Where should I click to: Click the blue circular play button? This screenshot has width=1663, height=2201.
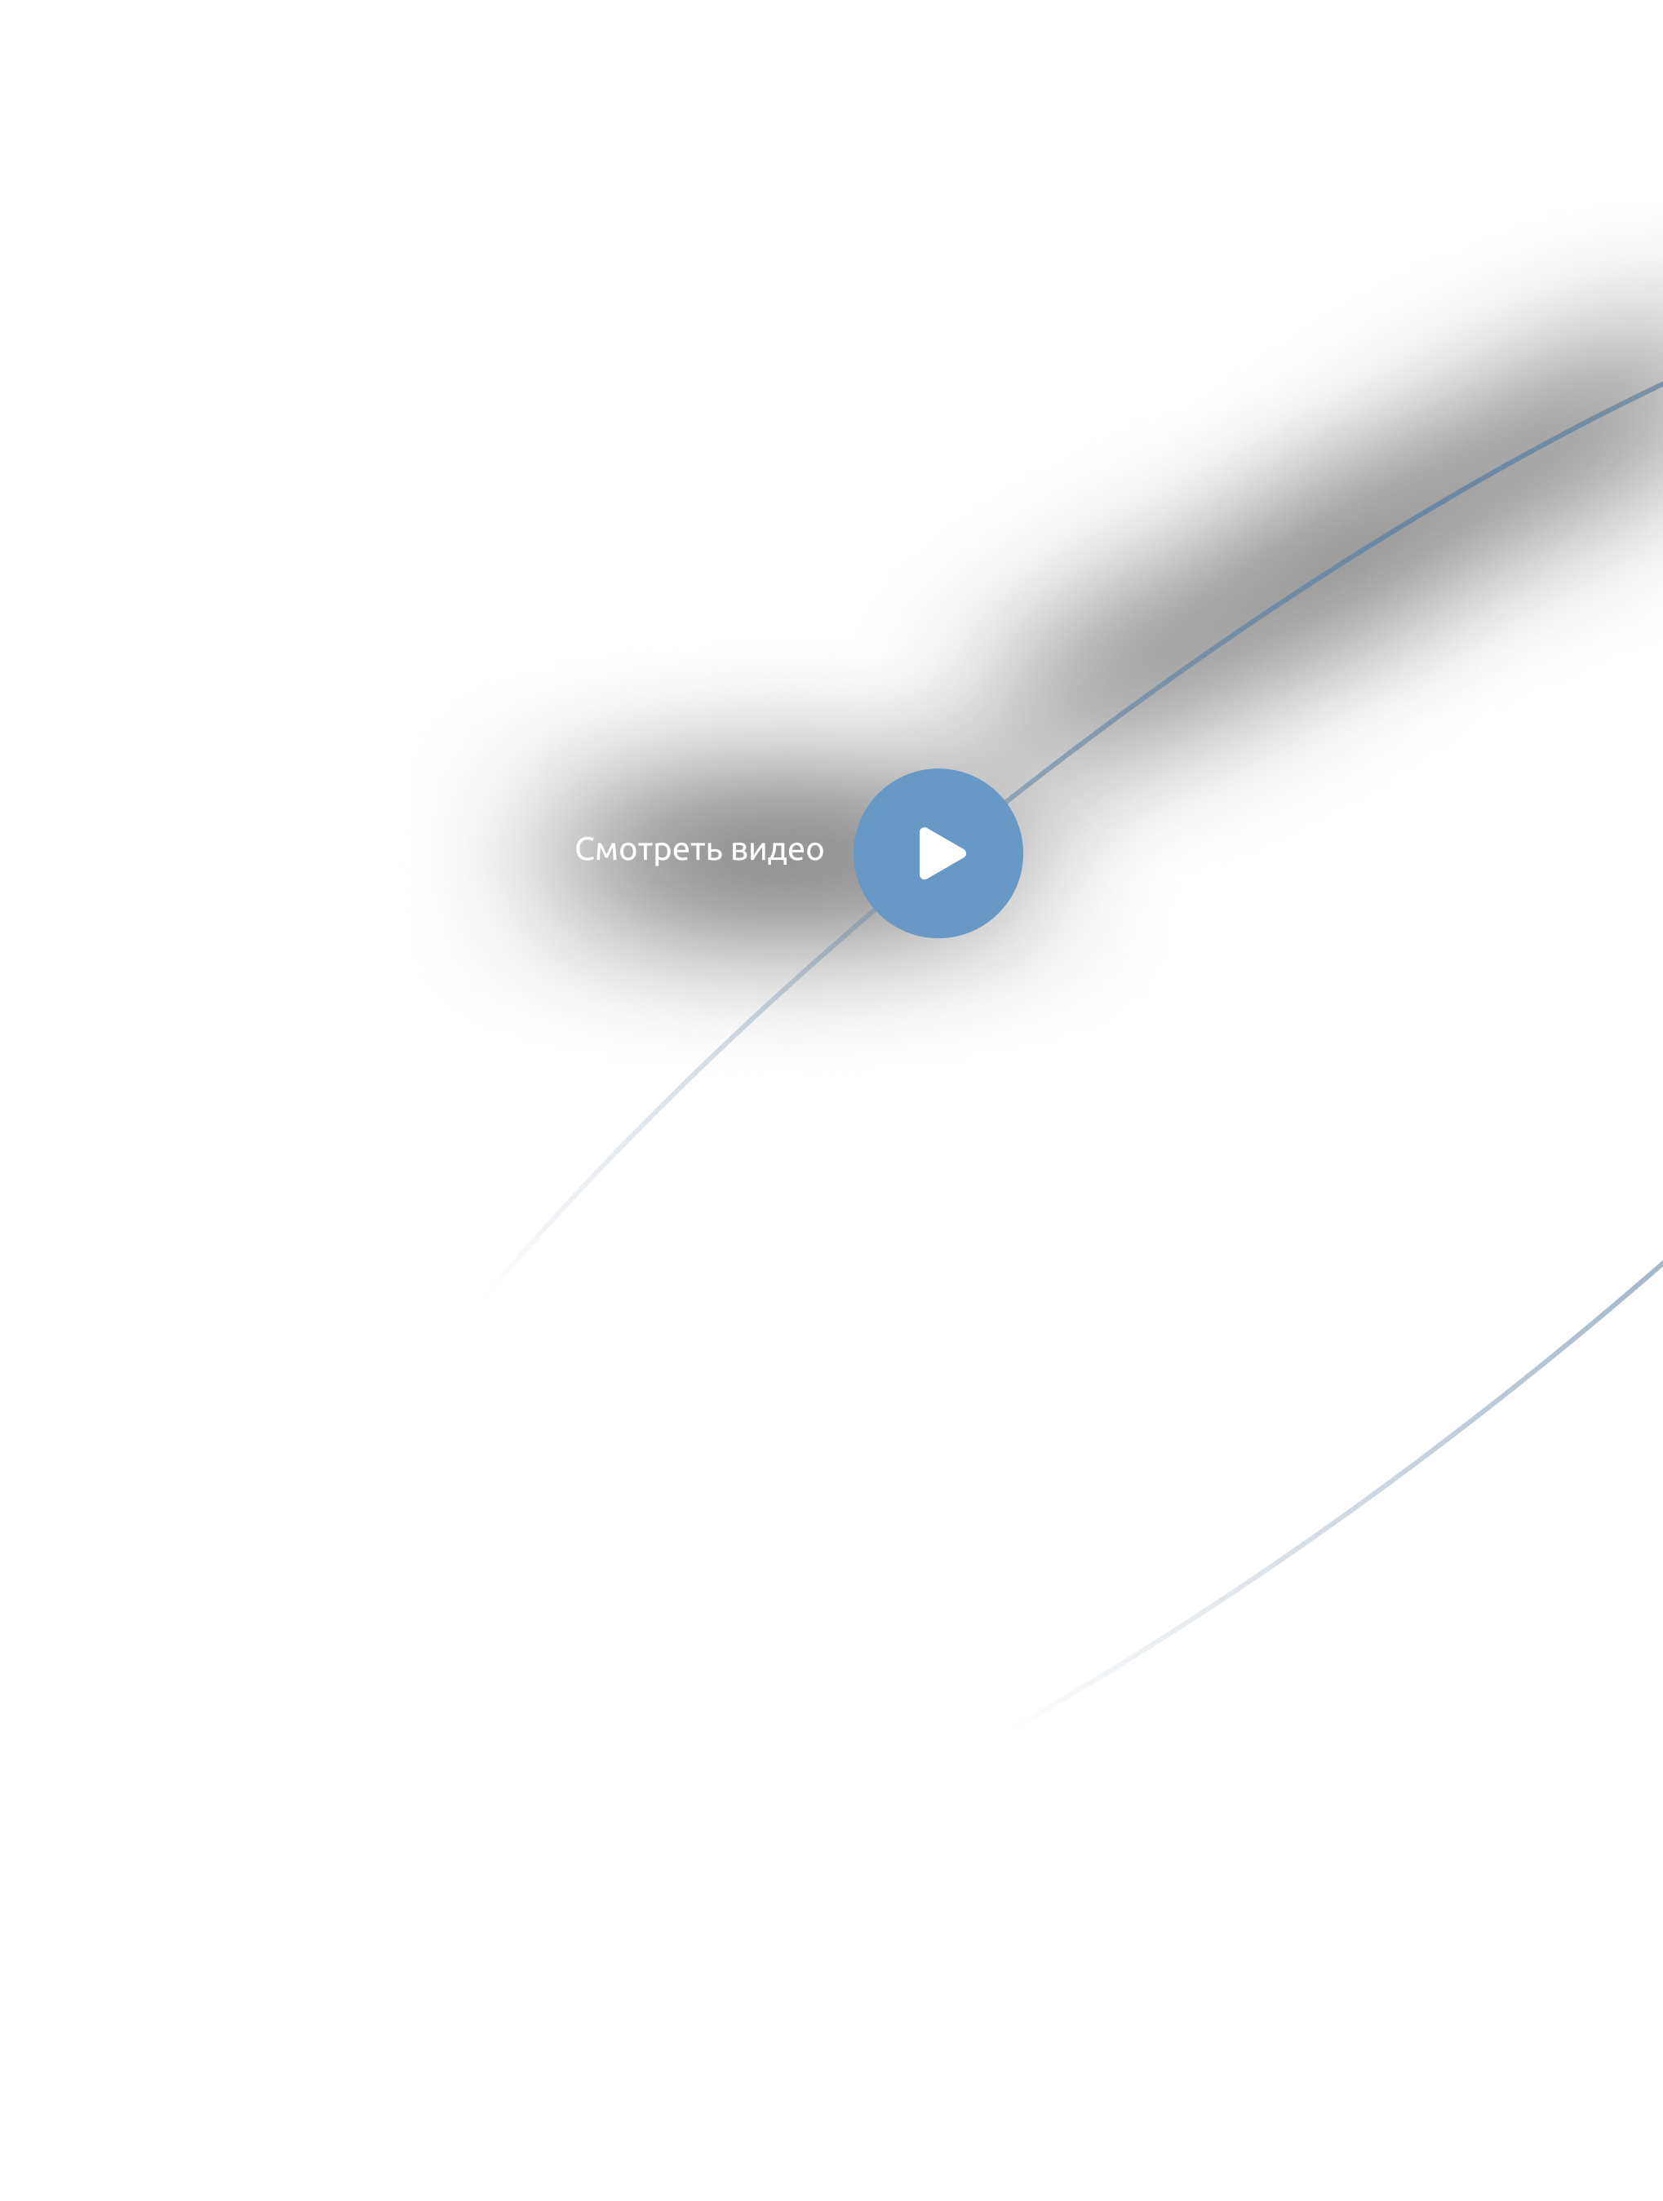click(x=938, y=852)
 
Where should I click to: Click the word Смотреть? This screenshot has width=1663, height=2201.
click(x=649, y=850)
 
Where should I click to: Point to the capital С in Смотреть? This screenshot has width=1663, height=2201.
click(x=585, y=848)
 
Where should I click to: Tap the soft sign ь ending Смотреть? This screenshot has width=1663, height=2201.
click(x=715, y=852)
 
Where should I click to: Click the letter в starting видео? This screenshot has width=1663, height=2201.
click(x=739, y=852)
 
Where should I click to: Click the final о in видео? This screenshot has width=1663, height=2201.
click(x=816, y=852)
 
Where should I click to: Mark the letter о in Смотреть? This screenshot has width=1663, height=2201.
click(x=628, y=852)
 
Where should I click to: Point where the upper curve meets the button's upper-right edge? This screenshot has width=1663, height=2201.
click(x=1005, y=801)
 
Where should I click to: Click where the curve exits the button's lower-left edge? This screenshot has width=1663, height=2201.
click(x=873, y=909)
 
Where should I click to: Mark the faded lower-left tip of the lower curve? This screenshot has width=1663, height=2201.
click(x=1009, y=1729)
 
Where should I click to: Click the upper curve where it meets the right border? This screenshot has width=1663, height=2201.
click(x=1661, y=384)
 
